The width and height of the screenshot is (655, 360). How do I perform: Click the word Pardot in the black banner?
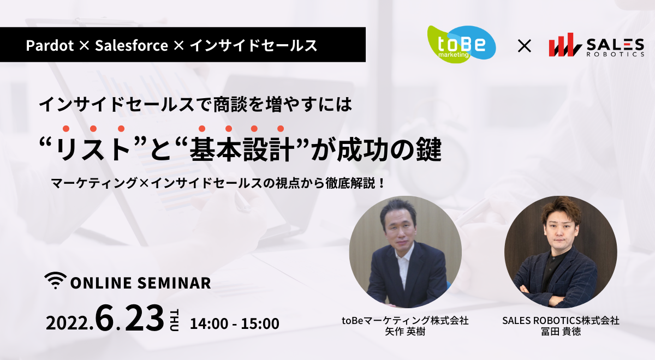click(50, 45)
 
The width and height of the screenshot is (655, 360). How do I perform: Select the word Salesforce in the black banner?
click(132, 45)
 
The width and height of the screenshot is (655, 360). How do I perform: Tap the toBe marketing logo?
click(461, 44)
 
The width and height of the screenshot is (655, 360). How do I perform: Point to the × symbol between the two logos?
click(525, 46)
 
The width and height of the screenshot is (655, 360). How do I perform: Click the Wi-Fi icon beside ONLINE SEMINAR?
click(56, 280)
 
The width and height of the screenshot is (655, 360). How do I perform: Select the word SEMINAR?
click(174, 283)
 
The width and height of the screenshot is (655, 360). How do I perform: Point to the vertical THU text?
click(174, 320)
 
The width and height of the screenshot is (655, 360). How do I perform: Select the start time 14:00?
click(209, 323)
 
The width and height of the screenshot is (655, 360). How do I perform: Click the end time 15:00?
click(260, 323)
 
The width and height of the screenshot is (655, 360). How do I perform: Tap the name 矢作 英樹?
click(405, 332)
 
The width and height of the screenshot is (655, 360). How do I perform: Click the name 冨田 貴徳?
click(561, 332)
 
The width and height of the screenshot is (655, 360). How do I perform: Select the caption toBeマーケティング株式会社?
click(405, 321)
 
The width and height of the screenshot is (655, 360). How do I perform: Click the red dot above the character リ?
click(66, 129)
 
